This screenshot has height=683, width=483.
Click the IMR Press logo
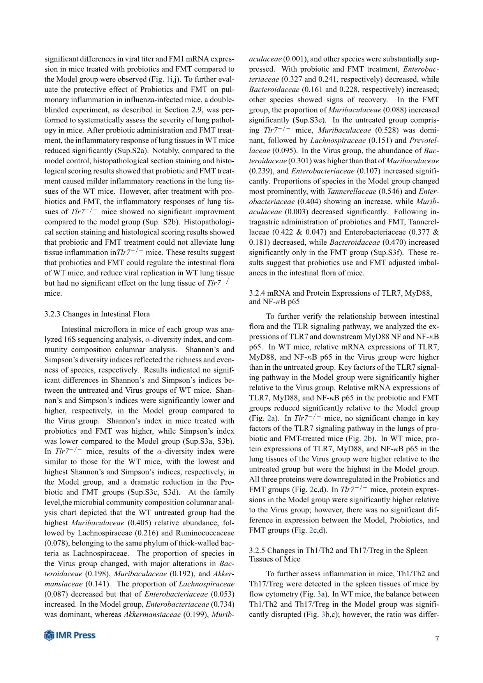(70, 635)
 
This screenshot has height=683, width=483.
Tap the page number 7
(437, 639)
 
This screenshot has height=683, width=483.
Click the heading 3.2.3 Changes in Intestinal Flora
(97, 314)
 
